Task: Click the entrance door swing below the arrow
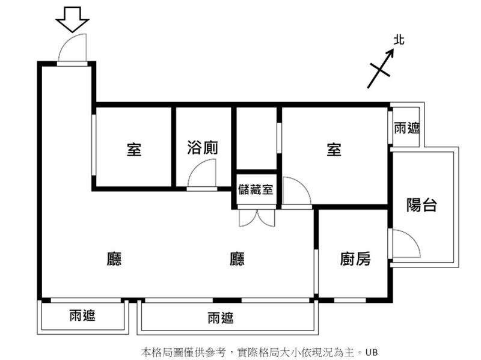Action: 75,48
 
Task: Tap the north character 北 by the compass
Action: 399,40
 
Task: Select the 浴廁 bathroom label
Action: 203,148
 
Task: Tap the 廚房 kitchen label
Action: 355,259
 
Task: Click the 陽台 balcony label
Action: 421,205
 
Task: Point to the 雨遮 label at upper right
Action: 407,128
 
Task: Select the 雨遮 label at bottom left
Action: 82,315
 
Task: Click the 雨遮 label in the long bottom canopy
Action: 220,319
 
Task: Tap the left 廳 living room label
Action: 114,259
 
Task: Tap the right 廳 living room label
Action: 237,259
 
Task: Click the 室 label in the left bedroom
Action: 134,149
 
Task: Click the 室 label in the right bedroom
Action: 334,149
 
